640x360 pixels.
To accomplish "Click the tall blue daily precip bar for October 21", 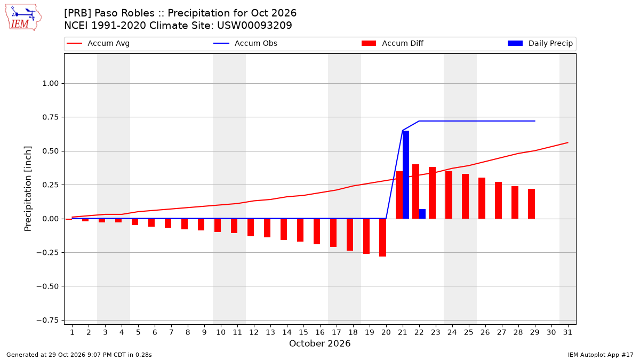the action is [406, 174].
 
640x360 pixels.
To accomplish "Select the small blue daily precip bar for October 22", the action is [422, 214].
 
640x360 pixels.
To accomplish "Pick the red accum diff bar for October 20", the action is [383, 238].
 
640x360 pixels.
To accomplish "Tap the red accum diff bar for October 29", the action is [531, 204].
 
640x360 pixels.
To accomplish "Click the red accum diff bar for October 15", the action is [300, 230].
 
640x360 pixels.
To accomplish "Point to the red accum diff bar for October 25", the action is [466, 196].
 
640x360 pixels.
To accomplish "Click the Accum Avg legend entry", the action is [98, 43].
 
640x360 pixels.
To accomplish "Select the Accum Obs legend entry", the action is [245, 43].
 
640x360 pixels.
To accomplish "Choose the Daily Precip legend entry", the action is [540, 43].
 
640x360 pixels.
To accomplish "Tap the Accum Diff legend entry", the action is [393, 43].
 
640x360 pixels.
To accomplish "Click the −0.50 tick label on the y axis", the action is [47, 286].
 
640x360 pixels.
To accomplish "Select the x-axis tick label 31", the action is [567, 332].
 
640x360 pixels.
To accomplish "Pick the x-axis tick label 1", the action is [72, 332].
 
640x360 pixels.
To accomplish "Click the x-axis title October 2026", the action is [319, 343].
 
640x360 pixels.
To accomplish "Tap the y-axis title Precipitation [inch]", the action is [28, 189].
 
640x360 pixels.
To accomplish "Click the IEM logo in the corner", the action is [23, 18].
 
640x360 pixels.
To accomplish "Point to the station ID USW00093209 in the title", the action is [254, 26].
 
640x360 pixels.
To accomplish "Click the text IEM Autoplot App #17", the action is [601, 355].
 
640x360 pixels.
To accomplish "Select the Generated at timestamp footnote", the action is [79, 355].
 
